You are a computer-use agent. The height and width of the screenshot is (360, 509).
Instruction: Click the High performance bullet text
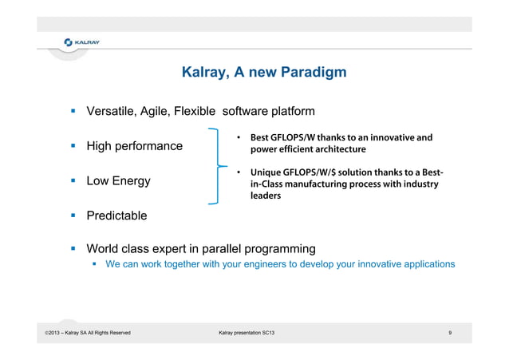(x=134, y=146)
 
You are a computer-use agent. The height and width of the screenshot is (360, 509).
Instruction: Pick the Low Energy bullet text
(x=118, y=181)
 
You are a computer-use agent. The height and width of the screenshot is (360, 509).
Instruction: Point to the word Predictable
(x=116, y=216)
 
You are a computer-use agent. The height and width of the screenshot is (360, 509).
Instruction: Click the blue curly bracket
(x=214, y=166)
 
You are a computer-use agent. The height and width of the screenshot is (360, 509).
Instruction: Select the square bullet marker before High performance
(x=71, y=146)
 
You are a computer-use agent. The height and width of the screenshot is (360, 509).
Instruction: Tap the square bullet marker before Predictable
(x=71, y=216)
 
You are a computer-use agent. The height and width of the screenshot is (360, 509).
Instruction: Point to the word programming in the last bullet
(x=270, y=248)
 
